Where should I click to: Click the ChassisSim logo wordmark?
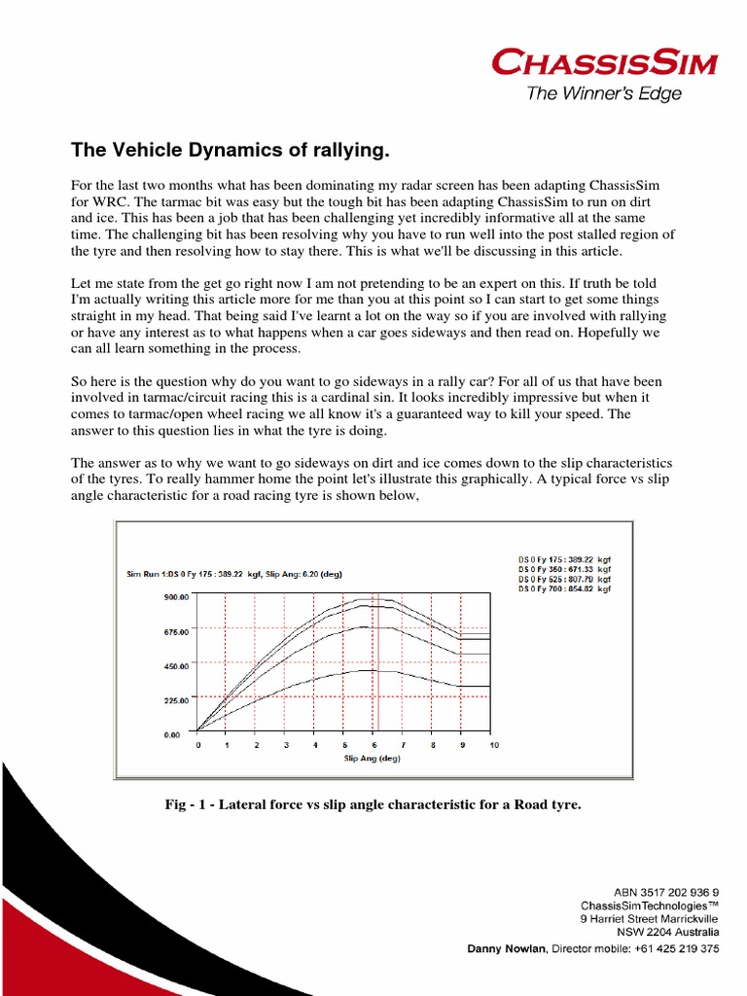604,65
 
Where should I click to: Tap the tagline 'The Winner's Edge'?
603,94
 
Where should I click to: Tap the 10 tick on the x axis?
493,745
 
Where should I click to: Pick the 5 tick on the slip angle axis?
345,745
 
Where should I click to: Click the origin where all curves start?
197,731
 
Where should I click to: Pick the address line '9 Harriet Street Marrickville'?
649,919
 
